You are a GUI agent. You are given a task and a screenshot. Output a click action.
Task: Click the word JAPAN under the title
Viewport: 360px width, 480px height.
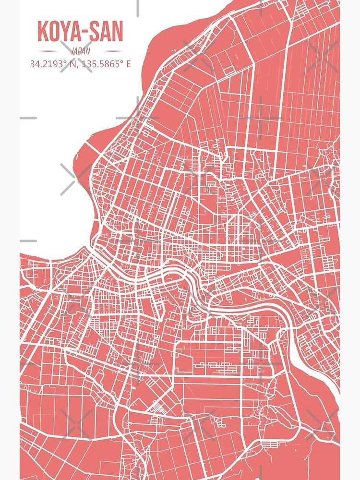point(80,51)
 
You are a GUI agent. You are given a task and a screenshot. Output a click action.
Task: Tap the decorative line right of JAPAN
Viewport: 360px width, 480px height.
point(113,51)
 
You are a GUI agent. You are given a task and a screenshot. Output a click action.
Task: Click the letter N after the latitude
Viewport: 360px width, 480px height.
point(73,64)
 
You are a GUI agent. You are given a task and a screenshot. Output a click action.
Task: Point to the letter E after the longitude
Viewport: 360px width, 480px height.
point(128,64)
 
